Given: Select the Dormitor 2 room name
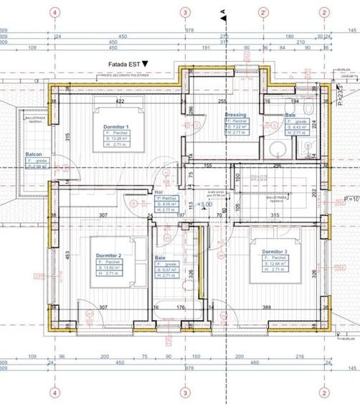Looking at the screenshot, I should tap(109, 255).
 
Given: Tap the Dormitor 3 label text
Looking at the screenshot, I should tap(275, 252).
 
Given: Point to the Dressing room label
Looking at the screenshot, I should tap(235, 114).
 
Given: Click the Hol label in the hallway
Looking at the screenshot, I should tap(159, 192).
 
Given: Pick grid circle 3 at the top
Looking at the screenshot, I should tap(185, 12).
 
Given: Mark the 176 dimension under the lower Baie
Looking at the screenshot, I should tap(181, 307).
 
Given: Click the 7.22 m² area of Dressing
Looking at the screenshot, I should tap(239, 126).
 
